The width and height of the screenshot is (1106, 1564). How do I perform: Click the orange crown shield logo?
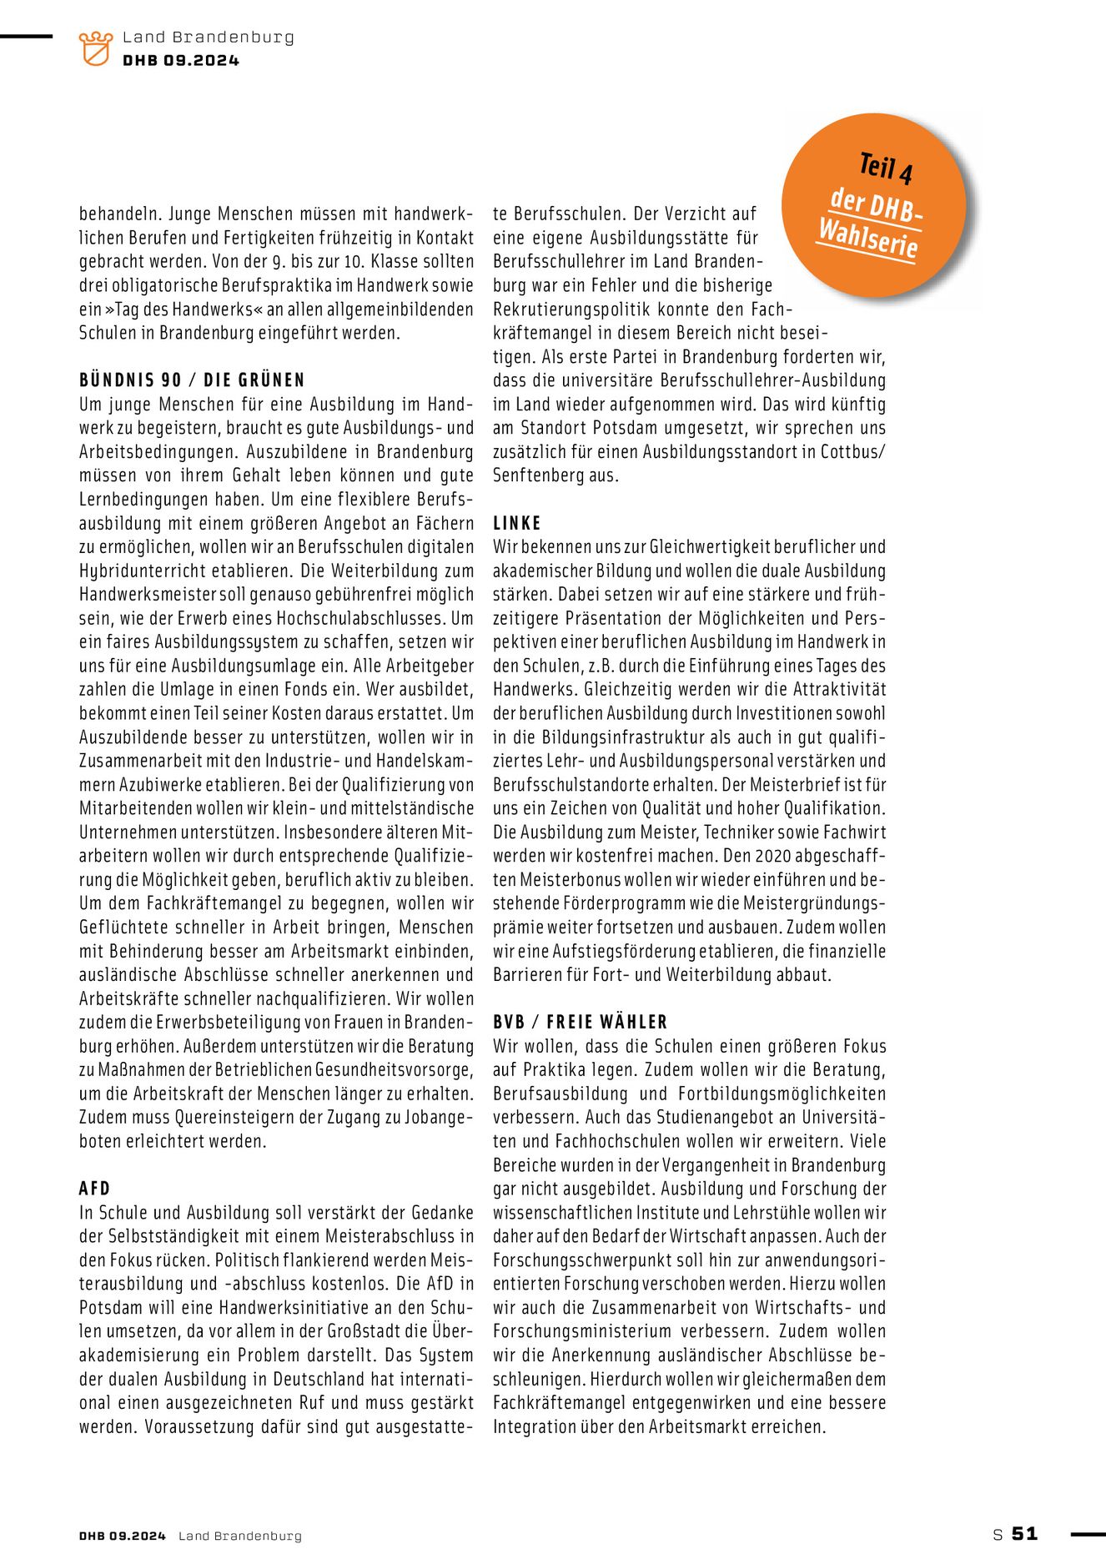95,48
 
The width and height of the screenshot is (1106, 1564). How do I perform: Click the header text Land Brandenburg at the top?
208,37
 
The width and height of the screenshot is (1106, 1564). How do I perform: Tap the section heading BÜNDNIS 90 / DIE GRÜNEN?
192,380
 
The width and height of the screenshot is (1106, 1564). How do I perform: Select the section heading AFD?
94,1189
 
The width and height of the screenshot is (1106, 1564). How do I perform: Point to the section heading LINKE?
517,523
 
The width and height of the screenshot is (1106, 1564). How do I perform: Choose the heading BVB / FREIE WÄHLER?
580,1023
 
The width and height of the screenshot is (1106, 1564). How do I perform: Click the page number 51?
1024,1533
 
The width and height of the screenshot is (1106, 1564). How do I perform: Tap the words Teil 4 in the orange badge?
886,168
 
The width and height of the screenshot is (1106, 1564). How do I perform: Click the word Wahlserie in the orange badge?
867,239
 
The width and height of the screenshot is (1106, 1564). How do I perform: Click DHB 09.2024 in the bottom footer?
123,1536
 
